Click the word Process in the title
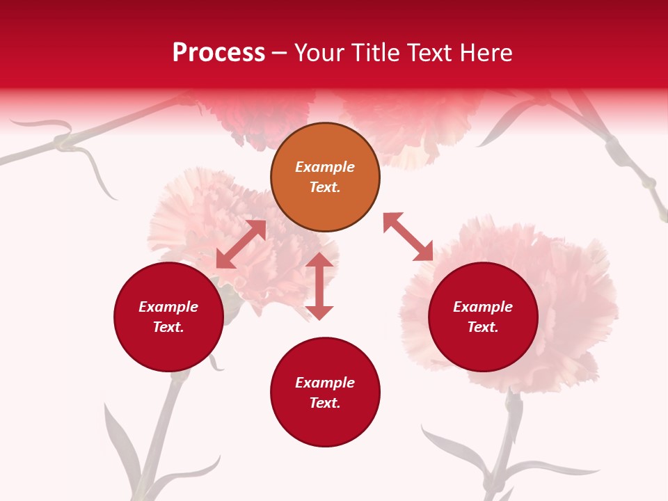(x=218, y=53)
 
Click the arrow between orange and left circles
(x=241, y=244)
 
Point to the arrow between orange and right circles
(x=408, y=237)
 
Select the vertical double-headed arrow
(x=319, y=286)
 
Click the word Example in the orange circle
(x=325, y=167)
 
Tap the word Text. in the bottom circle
(x=325, y=403)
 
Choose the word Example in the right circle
(x=483, y=307)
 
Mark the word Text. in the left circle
(x=168, y=327)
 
